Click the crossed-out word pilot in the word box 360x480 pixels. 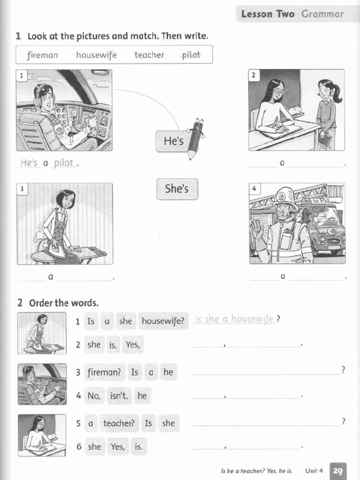click(191, 55)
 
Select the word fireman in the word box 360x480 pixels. click(43, 55)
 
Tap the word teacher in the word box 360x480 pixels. click(149, 55)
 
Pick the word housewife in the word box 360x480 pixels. click(96, 55)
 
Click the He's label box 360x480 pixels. click(174, 141)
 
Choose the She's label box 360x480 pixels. click(177, 189)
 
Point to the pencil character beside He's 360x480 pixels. click(195, 137)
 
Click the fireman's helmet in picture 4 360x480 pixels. click(285, 198)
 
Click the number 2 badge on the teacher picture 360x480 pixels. click(254, 75)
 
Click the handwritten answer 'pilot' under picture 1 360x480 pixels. click(64, 163)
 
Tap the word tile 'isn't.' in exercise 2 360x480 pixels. click(119, 396)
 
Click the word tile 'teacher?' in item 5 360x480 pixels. click(119, 423)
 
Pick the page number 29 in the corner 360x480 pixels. click(338, 471)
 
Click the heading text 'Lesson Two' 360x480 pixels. click(268, 14)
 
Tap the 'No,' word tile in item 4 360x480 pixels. click(94, 396)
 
